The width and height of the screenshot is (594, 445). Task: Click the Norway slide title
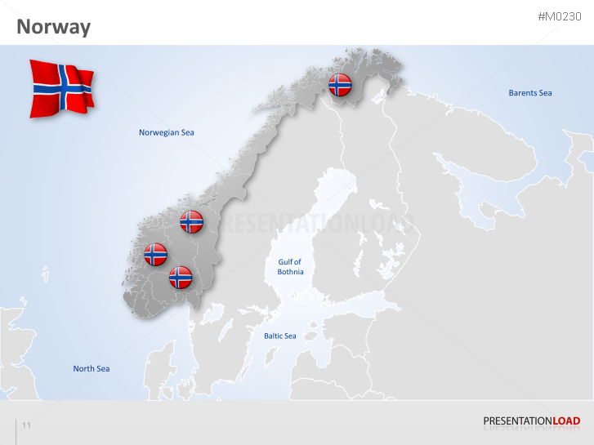[x=54, y=27]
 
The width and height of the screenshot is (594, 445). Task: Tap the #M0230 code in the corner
[x=560, y=16]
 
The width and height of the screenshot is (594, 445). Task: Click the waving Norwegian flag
[x=61, y=87]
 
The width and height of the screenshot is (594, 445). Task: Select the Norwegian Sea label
[x=167, y=132]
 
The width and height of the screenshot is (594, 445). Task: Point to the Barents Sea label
[x=530, y=93]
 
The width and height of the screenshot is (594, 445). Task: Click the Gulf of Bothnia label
[x=290, y=267]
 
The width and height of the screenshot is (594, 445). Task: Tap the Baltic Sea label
[x=279, y=336]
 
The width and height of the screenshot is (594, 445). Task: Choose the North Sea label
[x=92, y=369]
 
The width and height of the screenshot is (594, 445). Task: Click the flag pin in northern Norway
[x=340, y=84]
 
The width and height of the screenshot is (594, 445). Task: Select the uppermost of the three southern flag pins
[x=191, y=221]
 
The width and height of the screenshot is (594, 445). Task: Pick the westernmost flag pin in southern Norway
[x=155, y=254]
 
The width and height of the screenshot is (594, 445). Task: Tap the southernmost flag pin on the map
[x=181, y=277]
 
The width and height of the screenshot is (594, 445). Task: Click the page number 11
[x=26, y=425]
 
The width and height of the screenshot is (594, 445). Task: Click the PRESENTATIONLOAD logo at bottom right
[x=531, y=421]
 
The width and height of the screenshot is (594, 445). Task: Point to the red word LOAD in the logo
[x=566, y=421]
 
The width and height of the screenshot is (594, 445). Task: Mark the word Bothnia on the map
[x=290, y=272]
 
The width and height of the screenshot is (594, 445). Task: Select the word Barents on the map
[x=522, y=93]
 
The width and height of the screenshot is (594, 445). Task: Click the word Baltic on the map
[x=273, y=336]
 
